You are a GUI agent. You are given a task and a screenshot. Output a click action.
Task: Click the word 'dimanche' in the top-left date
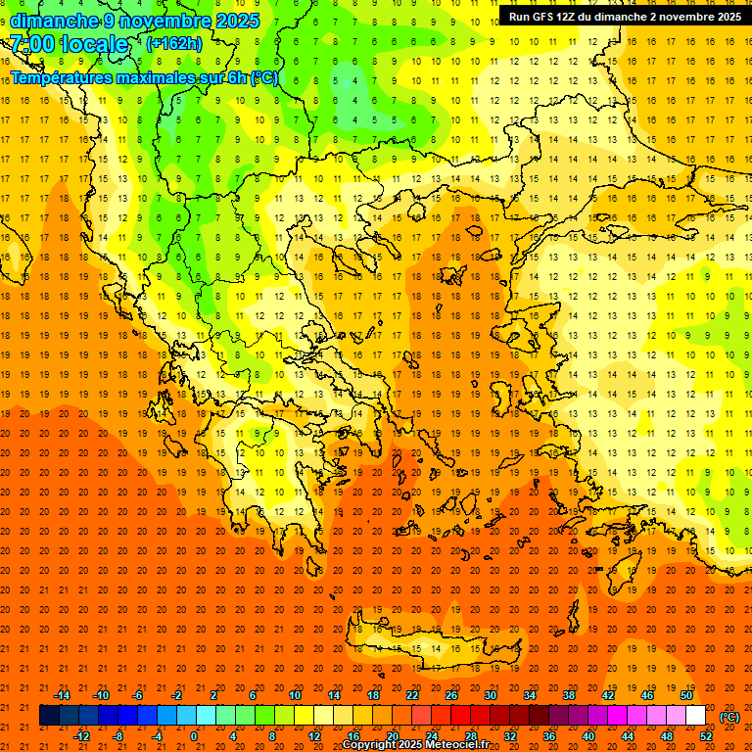coord(54,21)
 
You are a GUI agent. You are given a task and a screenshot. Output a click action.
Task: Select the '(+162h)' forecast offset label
coord(174,44)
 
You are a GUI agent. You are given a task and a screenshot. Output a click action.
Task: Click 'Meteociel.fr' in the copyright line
coord(455,745)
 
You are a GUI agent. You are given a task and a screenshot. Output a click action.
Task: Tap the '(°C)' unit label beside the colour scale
coord(728,717)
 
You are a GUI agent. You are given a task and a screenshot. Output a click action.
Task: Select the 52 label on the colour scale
coord(706,736)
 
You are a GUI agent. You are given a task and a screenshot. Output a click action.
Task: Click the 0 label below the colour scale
coord(194,736)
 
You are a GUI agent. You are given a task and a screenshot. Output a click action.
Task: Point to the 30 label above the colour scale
coord(490,695)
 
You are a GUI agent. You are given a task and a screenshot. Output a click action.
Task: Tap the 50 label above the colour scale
coord(685,695)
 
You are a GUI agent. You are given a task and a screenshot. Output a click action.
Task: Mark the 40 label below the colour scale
coord(587,736)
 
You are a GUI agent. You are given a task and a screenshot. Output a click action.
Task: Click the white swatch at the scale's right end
coord(696,716)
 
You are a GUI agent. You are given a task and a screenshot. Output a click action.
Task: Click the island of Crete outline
coord(431,651)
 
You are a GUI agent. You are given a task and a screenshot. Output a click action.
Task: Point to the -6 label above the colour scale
coord(138,695)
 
